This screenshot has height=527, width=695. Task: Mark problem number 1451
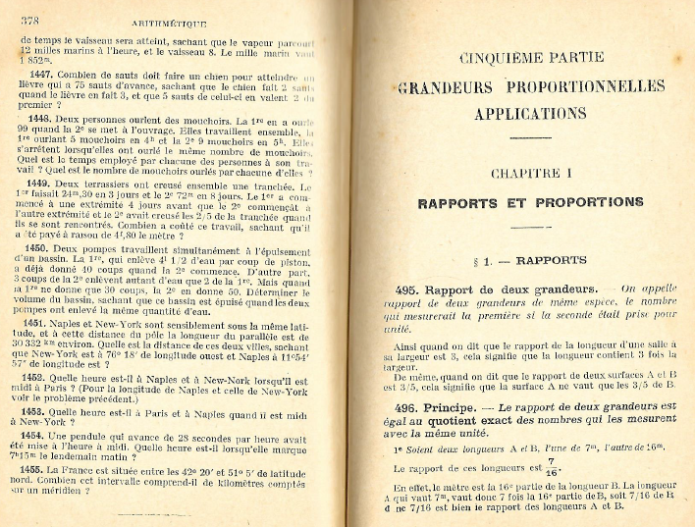46,322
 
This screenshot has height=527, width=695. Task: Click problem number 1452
46,377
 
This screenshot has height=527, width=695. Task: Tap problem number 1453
46,412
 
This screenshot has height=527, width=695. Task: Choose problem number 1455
46,470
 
